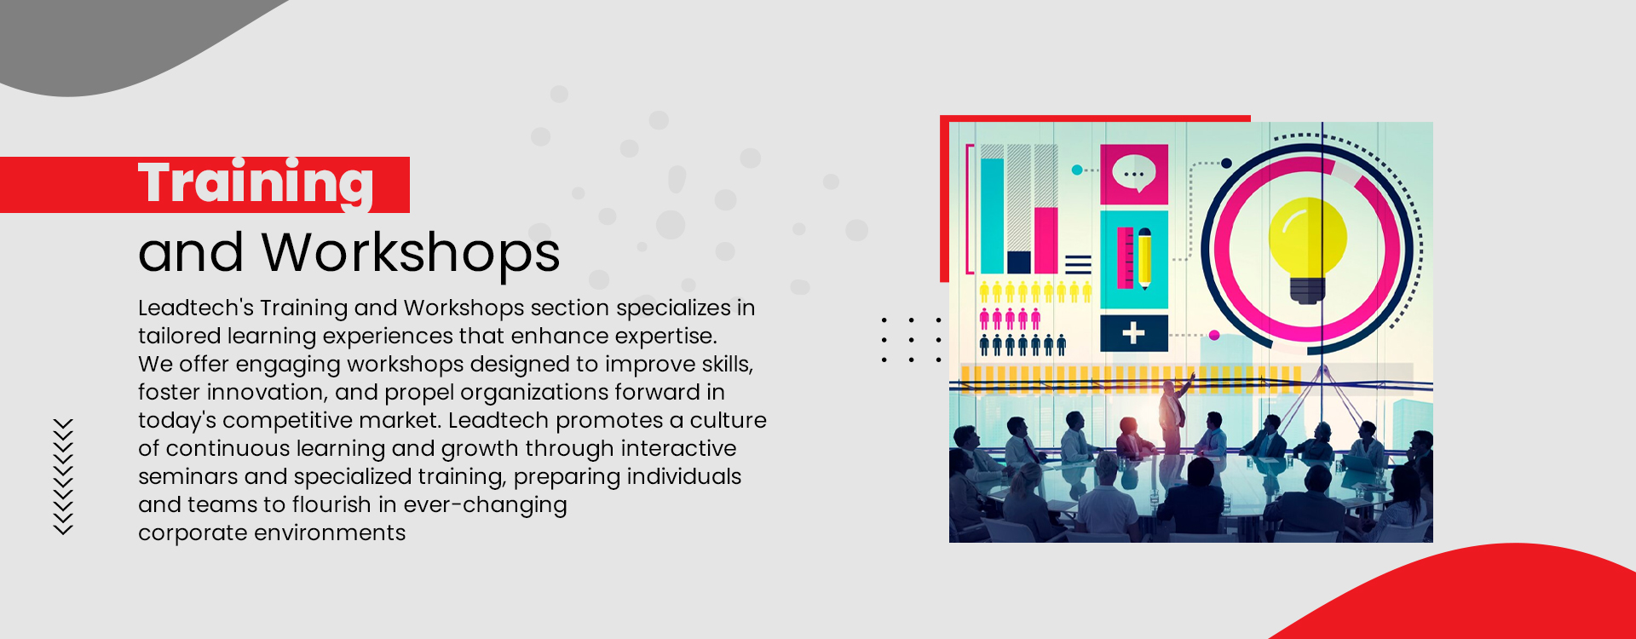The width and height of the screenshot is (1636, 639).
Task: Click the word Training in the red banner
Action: pos(256,183)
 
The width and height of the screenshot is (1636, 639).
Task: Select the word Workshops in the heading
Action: pos(411,253)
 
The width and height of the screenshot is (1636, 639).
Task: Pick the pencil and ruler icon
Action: pos(1134,258)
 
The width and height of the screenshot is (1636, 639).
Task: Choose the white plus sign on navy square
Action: pos(1133,333)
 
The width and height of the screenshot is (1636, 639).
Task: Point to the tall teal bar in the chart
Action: pos(993,216)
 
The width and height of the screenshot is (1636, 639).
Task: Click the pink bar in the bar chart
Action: pos(1046,240)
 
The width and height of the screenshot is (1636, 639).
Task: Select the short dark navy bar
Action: pos(1019,262)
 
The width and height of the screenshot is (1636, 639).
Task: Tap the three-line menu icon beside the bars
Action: pos(1078,264)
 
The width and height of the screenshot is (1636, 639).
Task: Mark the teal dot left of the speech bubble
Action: pos(1077,170)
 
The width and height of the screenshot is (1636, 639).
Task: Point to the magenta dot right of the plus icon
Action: pos(1214,336)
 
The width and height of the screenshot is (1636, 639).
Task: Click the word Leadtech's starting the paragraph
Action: pos(196,308)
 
